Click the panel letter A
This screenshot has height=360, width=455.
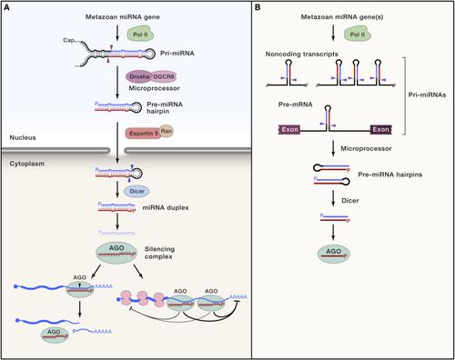pos(7,8)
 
